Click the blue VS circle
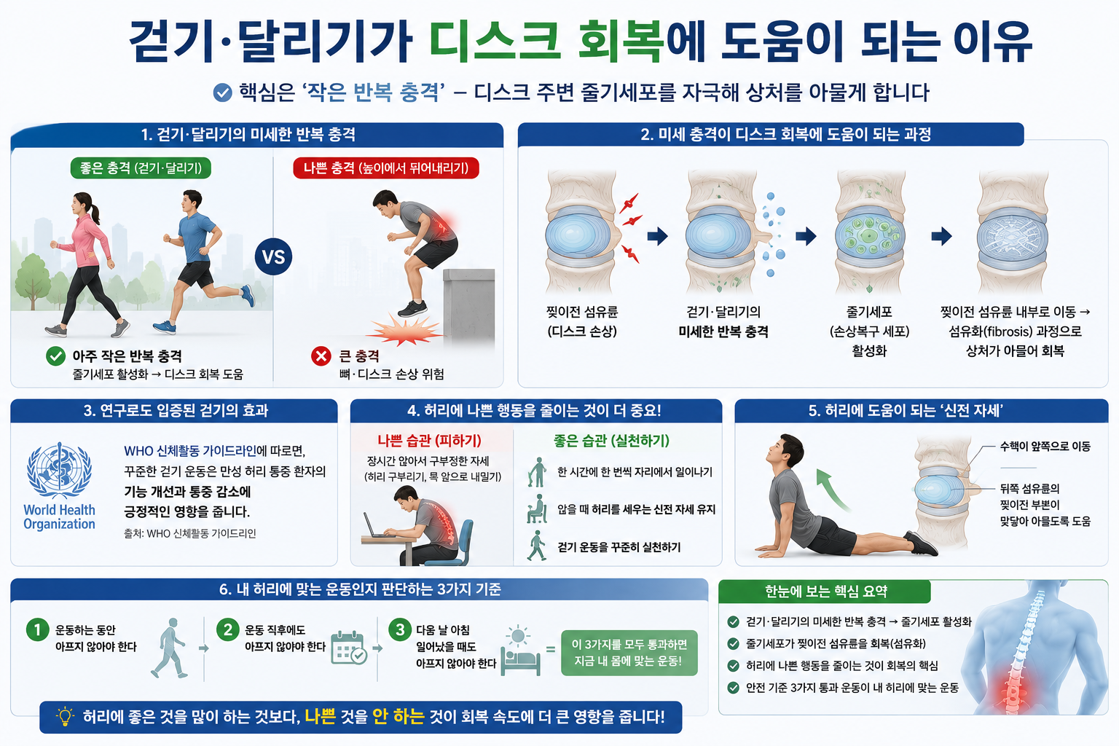(x=273, y=257)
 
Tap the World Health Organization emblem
(x=60, y=471)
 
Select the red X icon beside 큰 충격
(x=321, y=356)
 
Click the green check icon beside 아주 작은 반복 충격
(x=55, y=356)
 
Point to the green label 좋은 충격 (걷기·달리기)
(x=141, y=168)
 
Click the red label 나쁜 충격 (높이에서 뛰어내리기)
(x=385, y=168)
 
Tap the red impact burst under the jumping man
(x=404, y=331)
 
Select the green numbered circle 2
(x=228, y=629)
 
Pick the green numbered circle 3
(x=400, y=629)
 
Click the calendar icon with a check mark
(x=349, y=648)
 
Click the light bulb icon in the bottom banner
(x=65, y=717)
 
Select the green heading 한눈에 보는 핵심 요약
(x=825, y=592)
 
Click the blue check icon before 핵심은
(x=222, y=93)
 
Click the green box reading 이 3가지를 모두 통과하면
(x=629, y=653)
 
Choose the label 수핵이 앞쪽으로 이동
(x=1045, y=446)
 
